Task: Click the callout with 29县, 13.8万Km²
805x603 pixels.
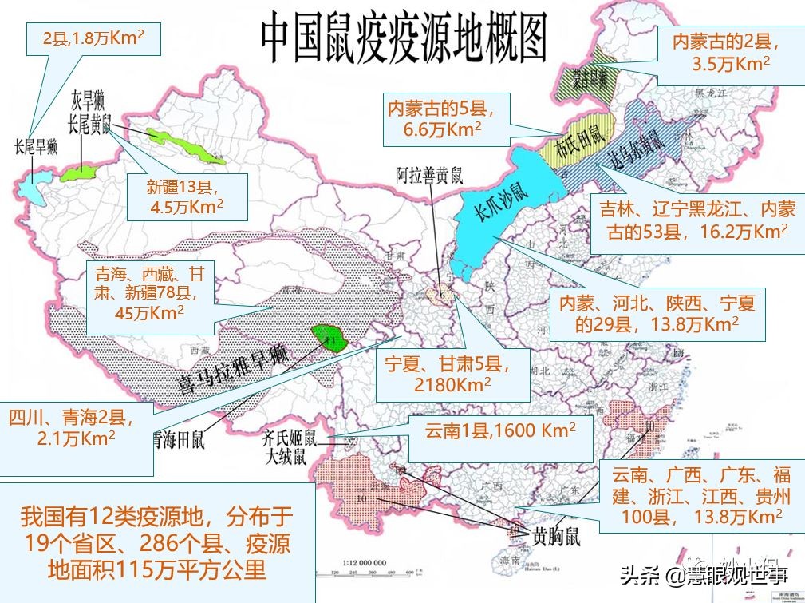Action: click(x=656, y=313)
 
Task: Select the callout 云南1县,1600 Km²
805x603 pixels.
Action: click(x=500, y=431)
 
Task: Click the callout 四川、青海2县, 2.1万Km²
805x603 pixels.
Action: click(x=74, y=427)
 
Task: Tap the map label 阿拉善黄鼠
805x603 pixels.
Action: click(x=429, y=175)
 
